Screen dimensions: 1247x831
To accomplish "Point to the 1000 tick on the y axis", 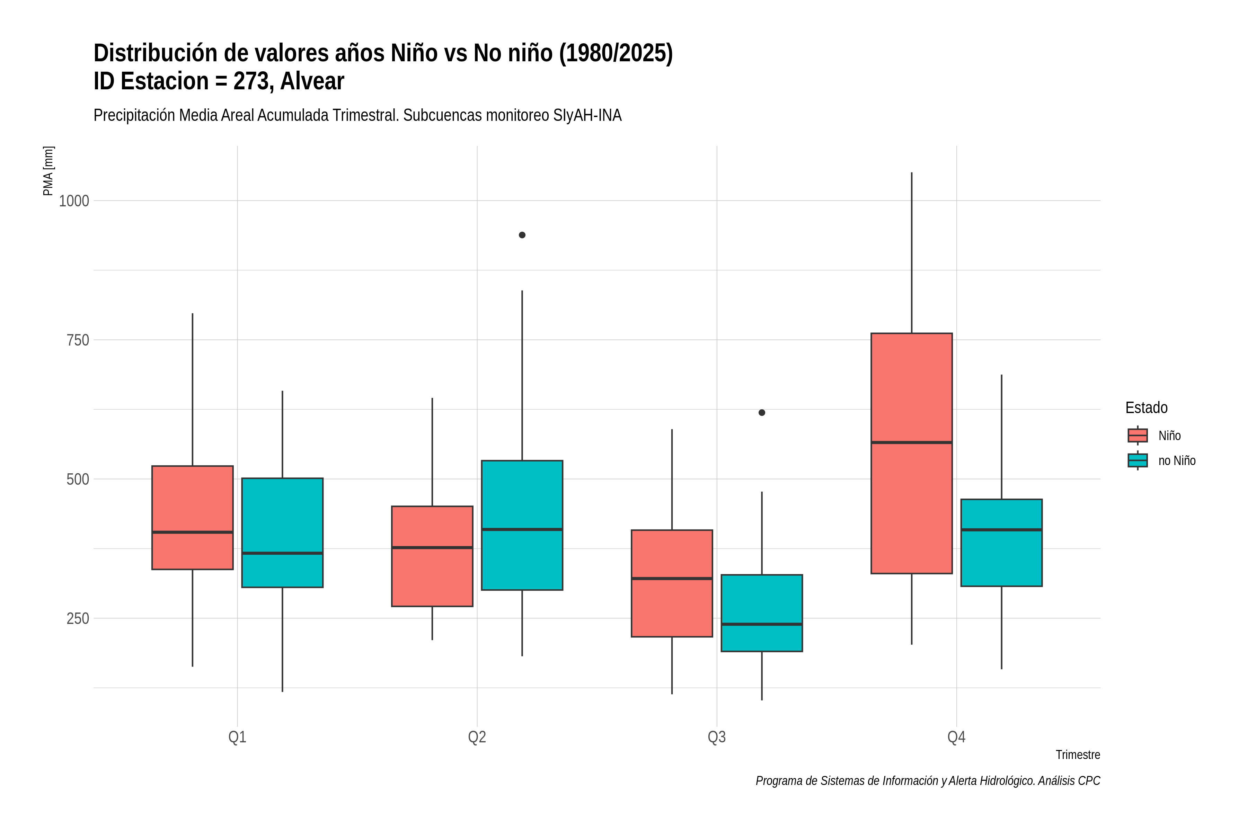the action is click(74, 201).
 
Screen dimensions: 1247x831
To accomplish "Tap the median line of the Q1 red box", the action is click(193, 532).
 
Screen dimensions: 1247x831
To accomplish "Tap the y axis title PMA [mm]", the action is click(48, 171).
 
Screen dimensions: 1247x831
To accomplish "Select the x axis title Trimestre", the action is click(1078, 755).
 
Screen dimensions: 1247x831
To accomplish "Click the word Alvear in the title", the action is click(312, 81).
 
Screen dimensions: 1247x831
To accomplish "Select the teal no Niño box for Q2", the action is click(522, 525).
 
